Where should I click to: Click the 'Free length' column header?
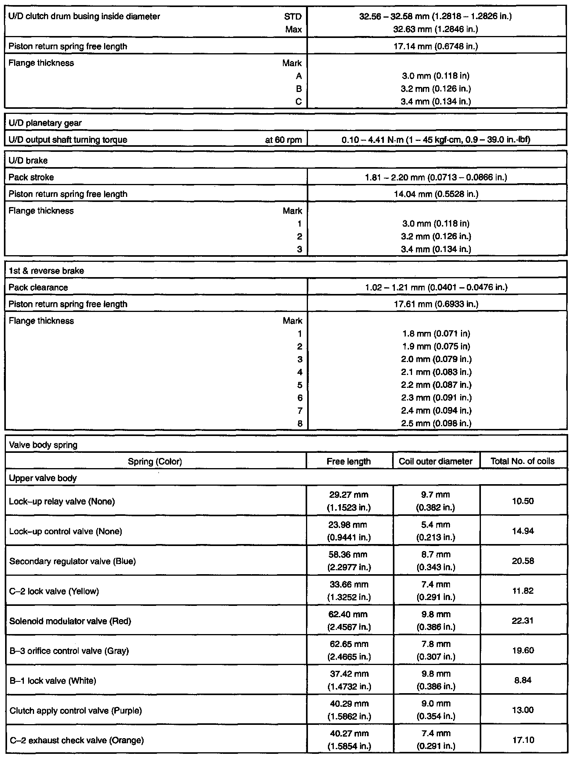coord(349,461)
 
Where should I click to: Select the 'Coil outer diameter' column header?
coord(436,461)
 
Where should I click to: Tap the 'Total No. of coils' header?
coord(522,461)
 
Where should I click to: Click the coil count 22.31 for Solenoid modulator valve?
coord(523,620)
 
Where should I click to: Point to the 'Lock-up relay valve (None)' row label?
coord(62,501)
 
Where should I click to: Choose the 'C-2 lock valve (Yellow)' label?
coord(54,591)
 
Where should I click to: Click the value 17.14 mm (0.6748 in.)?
coord(436,46)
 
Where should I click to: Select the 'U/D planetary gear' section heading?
coord(45,123)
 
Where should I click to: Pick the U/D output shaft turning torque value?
coord(436,140)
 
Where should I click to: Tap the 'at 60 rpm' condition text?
coord(283,140)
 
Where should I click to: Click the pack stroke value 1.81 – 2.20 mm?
coord(436,177)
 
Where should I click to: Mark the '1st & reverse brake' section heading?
coord(46,271)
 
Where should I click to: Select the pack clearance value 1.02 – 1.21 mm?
coord(436,287)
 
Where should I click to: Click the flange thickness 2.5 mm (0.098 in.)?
coord(436,423)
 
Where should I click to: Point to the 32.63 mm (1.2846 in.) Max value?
coord(436,29)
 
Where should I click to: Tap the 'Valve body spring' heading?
coord(43,445)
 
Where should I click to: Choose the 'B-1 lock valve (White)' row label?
coord(53,681)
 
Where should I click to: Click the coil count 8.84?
coord(523,680)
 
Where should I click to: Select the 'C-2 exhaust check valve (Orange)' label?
coord(76,740)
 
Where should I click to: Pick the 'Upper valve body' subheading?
coord(43,478)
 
